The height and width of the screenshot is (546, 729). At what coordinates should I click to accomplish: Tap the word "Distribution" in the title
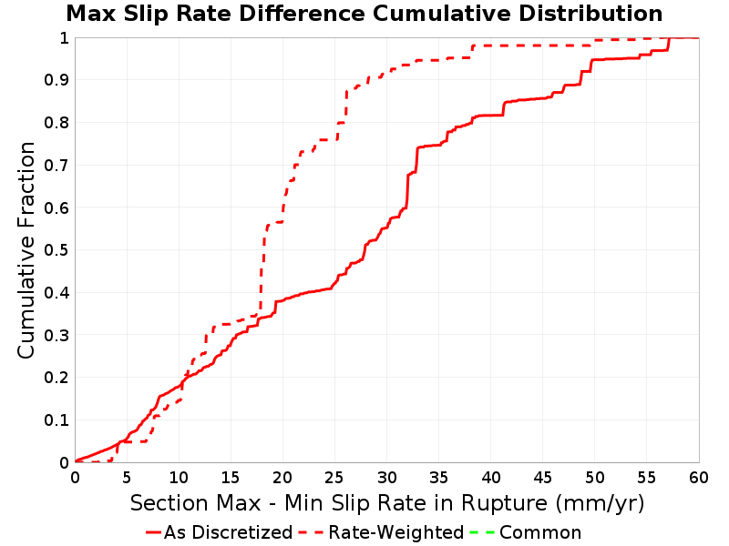click(590, 14)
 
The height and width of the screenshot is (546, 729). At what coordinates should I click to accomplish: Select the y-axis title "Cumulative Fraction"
click(26, 250)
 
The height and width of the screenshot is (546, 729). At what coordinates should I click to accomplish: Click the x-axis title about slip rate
click(387, 503)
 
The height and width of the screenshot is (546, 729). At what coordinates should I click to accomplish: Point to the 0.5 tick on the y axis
click(56, 250)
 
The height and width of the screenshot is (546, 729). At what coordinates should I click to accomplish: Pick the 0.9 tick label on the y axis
click(56, 80)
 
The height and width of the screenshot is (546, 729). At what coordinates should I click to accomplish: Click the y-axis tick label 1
click(64, 38)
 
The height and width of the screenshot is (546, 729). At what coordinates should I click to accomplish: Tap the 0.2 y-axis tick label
click(56, 378)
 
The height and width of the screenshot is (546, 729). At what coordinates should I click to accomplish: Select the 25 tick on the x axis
click(334, 477)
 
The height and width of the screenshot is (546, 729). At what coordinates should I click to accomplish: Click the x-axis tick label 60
click(699, 477)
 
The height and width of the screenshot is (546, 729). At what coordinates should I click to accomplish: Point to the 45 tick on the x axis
click(542, 477)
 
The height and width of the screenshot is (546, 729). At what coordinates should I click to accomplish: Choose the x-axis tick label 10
click(179, 477)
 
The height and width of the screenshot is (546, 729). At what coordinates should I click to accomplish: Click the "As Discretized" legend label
click(229, 532)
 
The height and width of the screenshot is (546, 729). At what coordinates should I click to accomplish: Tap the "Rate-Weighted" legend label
click(396, 532)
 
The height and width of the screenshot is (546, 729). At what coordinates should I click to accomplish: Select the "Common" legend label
click(540, 532)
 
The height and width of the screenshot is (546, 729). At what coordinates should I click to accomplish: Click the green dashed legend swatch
click(483, 532)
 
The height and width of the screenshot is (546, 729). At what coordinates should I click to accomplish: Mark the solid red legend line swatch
click(153, 532)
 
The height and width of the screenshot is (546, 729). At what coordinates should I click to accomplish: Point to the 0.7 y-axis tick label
click(56, 166)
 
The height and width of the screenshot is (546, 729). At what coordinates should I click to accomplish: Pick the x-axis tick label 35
click(438, 477)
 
